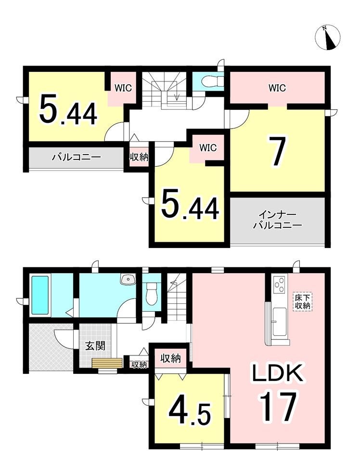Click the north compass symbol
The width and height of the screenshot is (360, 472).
[x=328, y=38]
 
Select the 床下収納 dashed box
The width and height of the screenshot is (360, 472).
[x=303, y=302]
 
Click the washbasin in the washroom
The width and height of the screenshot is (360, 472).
[x=128, y=279]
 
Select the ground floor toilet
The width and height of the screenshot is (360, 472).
[x=151, y=294]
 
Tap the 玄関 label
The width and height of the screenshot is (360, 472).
[x=95, y=346]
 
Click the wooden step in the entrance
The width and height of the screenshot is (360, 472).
[x=107, y=363]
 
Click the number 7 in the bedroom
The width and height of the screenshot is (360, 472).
[x=278, y=150]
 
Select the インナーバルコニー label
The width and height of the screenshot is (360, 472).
[x=277, y=221]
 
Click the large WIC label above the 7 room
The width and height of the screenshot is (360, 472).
[x=277, y=88]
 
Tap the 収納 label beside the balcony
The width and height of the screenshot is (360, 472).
[x=139, y=157]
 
